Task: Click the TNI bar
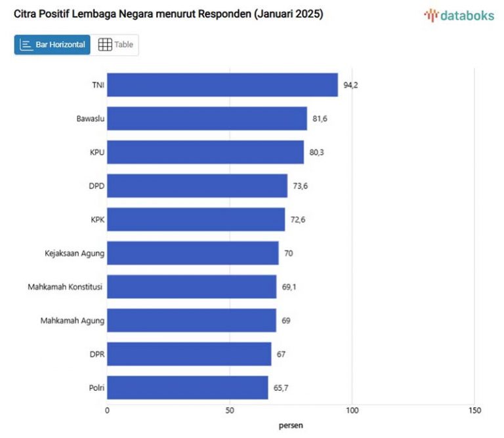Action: tap(222, 85)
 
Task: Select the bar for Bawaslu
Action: tap(207, 119)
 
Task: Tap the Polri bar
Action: tap(187, 388)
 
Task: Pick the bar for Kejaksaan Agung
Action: tap(192, 253)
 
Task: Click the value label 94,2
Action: tap(350, 85)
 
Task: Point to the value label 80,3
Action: tap(317, 152)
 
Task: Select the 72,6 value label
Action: tap(298, 220)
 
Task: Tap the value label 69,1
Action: tap(289, 287)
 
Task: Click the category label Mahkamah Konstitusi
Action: tap(66, 287)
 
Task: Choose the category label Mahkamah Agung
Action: tap(72, 321)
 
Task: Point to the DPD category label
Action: tap(96, 186)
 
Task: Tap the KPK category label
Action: tap(97, 220)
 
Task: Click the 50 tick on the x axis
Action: tap(230, 410)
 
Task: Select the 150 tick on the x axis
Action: tap(474, 410)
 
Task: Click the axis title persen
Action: tap(291, 426)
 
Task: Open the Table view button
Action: tap(115, 45)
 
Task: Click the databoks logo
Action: tap(459, 16)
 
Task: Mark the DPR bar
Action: tap(189, 354)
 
